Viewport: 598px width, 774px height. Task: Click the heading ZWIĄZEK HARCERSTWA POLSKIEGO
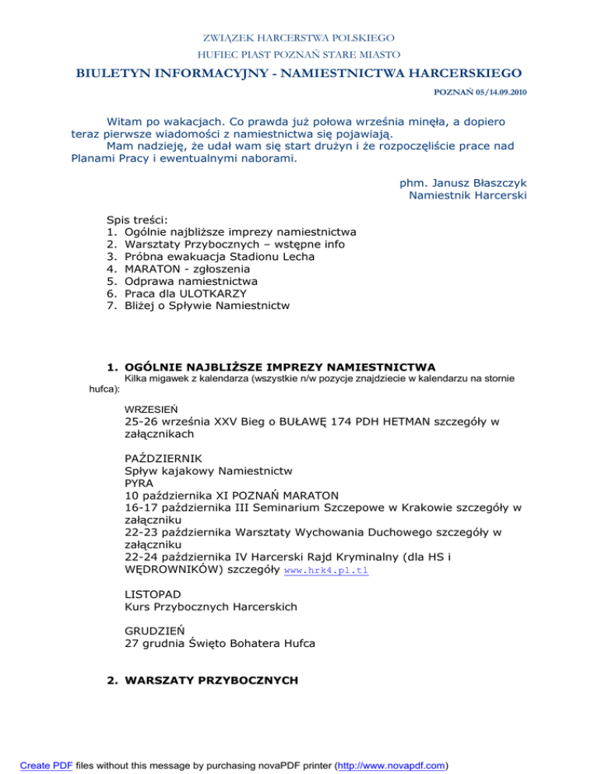(x=298, y=37)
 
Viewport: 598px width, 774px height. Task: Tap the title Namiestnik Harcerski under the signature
(x=467, y=195)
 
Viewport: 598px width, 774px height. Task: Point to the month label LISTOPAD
(x=153, y=593)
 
